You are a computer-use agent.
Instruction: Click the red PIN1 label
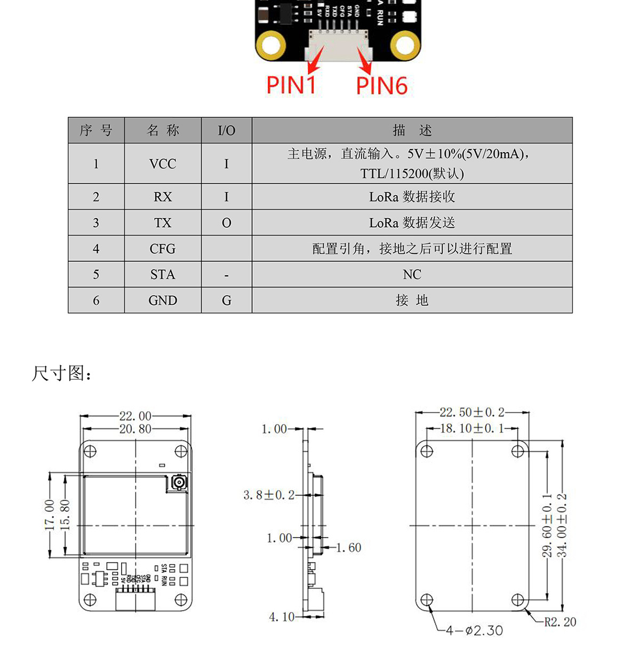pyautogui.click(x=291, y=85)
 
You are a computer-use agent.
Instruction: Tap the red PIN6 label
pyautogui.click(x=381, y=86)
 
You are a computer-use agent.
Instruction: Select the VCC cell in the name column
pyautogui.click(x=163, y=164)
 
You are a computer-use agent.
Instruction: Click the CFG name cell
pyautogui.click(x=163, y=249)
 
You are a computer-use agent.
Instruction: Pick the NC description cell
pyautogui.click(x=412, y=275)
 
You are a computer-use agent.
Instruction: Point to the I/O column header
pyautogui.click(x=227, y=131)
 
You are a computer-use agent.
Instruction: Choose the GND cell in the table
pyautogui.click(x=163, y=301)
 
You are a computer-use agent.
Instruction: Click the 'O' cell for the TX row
pyautogui.click(x=227, y=223)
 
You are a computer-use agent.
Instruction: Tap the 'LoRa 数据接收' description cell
pyautogui.click(x=412, y=197)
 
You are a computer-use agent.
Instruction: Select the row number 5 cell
pyautogui.click(x=96, y=275)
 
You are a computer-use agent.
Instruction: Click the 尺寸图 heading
pyautogui.click(x=62, y=373)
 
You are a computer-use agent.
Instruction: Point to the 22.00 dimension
pyautogui.click(x=135, y=416)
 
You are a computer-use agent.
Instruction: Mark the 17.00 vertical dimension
pyautogui.click(x=49, y=515)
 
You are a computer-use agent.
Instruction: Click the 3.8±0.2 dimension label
pyautogui.click(x=269, y=495)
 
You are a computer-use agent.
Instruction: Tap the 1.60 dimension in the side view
pyautogui.click(x=349, y=548)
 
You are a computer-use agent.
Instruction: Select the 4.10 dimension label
pyautogui.click(x=282, y=617)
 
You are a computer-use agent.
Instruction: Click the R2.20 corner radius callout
pyautogui.click(x=559, y=622)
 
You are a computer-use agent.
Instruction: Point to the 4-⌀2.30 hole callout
pyautogui.click(x=474, y=630)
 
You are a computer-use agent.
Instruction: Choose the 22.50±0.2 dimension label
pyautogui.click(x=472, y=412)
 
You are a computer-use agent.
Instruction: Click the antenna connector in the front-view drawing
pyautogui.click(x=178, y=484)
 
